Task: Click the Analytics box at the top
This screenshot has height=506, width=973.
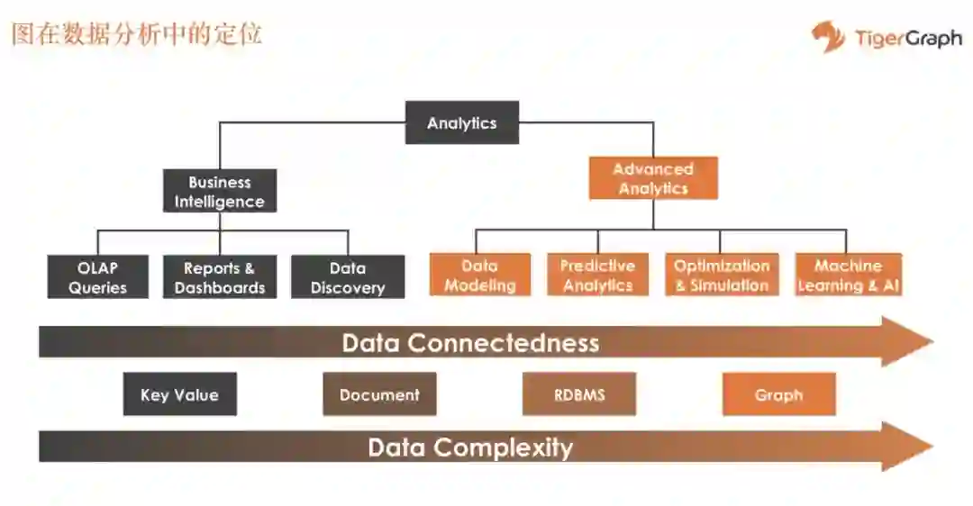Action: click(x=461, y=122)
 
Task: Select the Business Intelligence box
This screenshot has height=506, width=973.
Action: click(x=220, y=191)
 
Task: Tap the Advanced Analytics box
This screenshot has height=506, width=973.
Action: click(x=653, y=178)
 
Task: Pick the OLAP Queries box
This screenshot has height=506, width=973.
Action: click(x=97, y=277)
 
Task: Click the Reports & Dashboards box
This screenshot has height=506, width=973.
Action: click(x=220, y=277)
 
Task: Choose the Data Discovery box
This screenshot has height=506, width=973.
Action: click(x=348, y=277)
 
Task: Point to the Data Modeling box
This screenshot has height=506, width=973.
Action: click(x=480, y=276)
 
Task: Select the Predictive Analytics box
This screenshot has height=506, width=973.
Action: click(x=597, y=276)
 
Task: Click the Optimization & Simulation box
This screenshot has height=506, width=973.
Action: click(x=722, y=276)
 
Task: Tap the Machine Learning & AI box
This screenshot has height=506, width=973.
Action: click(x=848, y=276)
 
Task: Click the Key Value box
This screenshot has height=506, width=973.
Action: click(x=179, y=394)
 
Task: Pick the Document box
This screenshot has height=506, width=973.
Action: click(x=379, y=394)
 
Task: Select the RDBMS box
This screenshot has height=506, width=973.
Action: click(x=579, y=394)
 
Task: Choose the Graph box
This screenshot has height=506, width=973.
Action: click(x=778, y=394)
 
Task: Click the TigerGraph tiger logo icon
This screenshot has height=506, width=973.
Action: click(x=828, y=37)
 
